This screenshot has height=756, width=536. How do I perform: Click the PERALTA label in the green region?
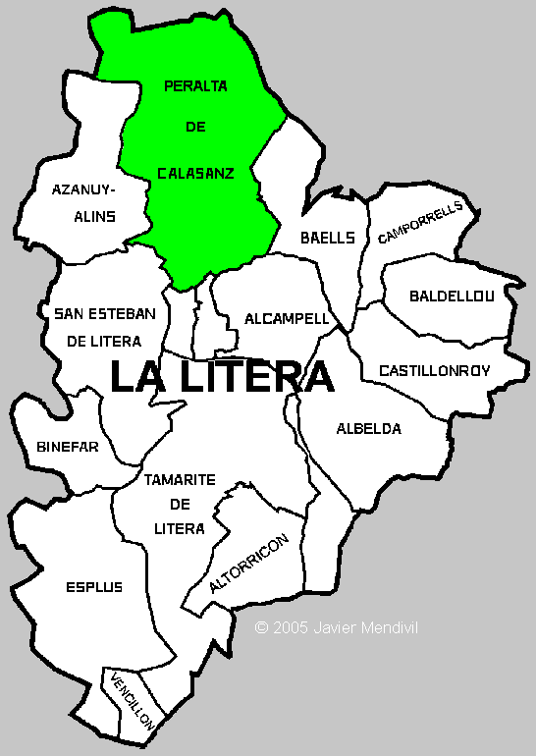pos(196,86)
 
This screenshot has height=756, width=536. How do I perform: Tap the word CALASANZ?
pos(196,173)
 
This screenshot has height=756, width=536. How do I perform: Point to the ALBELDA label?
pos(369,429)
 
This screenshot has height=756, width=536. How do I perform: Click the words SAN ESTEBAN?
pos(105,314)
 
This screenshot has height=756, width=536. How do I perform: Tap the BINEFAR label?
pos(68,447)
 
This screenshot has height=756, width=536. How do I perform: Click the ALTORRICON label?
pos(249,565)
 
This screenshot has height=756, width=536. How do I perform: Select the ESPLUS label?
pos(94,587)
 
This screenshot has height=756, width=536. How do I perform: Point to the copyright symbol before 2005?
pos(261,627)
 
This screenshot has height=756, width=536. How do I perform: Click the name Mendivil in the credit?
pos(391,627)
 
